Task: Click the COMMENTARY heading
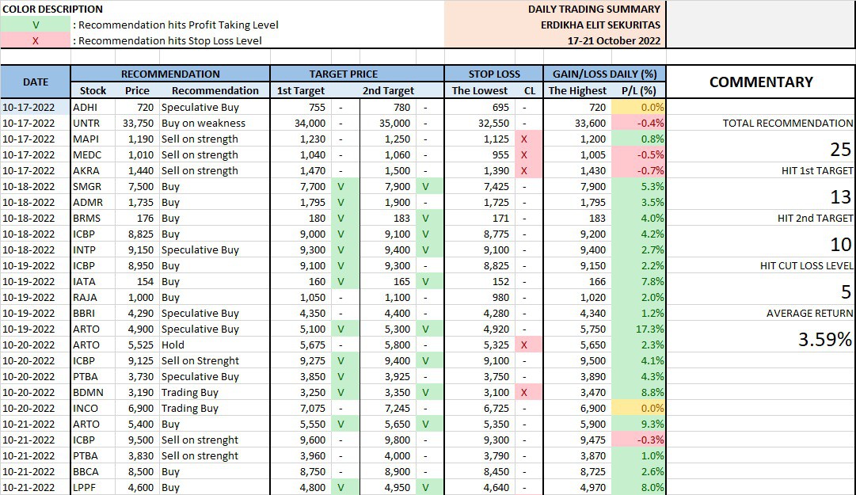[760, 82]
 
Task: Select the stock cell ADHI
[86, 107]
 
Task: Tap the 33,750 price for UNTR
[138, 123]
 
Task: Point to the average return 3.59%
[824, 340]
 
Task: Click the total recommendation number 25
[840, 150]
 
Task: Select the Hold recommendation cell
[173, 345]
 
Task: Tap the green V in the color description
[35, 25]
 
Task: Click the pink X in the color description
[35, 40]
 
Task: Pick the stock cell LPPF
[86, 487]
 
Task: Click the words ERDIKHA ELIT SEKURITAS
[595, 25]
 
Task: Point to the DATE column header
[36, 82]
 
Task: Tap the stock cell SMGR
[86, 186]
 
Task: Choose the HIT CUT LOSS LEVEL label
[806, 266]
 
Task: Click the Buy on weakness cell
[204, 123]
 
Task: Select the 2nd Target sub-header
[388, 90]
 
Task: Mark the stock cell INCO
[86, 408]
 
